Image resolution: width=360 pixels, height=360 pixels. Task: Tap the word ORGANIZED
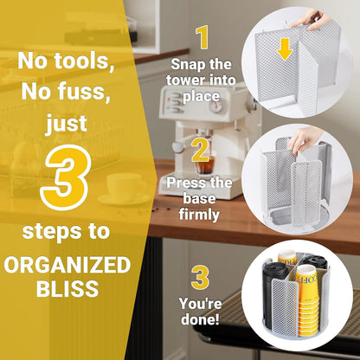[67, 265]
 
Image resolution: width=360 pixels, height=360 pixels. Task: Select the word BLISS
[67, 288]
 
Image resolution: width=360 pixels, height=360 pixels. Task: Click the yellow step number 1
[202, 37]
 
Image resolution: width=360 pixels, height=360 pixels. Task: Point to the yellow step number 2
[200, 150]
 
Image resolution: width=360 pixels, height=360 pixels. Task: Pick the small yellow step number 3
[200, 278]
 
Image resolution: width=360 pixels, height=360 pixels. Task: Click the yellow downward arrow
[285, 49]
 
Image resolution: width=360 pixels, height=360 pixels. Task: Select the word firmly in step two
[199, 215]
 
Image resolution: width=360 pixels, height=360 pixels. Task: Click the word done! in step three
[200, 319]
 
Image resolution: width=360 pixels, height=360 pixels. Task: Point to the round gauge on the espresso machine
[215, 106]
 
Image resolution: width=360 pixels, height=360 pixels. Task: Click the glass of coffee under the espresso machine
[205, 164]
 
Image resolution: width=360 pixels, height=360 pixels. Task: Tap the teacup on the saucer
[125, 184]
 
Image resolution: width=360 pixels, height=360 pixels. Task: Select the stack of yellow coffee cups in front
[308, 300]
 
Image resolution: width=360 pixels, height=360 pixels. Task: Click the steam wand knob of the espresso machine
[179, 147]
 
